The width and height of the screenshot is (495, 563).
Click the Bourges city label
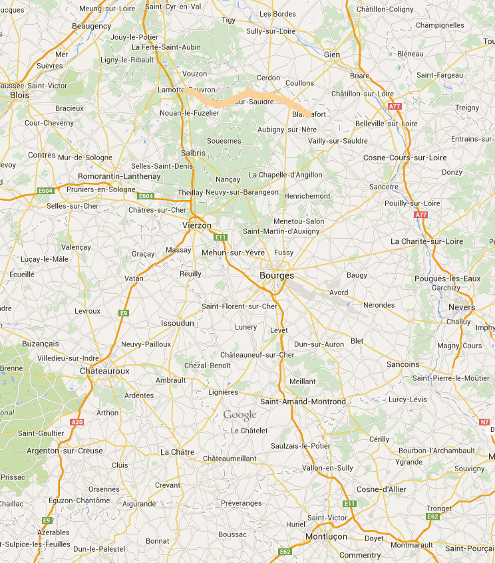pos(276,275)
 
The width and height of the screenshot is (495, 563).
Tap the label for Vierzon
pos(196,225)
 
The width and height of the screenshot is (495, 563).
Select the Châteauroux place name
pos(104,370)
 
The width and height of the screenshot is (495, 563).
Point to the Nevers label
pos(462,307)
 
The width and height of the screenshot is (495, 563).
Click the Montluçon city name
pos(327,536)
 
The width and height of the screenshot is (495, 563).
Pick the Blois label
pos(20,95)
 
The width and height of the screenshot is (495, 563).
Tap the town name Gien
pos(331,55)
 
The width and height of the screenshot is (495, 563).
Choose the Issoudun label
pos(178,323)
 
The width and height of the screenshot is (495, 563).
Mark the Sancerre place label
pos(383,187)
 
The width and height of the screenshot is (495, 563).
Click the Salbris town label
pos(193,153)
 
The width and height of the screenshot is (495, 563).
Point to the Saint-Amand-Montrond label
pos(303,401)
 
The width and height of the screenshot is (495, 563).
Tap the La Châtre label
pos(177,452)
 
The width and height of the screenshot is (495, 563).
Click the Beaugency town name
pos(91,26)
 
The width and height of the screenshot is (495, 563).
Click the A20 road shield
pos(77,421)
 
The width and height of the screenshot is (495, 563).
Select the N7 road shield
pos(484,421)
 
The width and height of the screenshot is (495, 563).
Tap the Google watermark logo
pos(240,415)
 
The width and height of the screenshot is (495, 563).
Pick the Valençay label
pos(75,247)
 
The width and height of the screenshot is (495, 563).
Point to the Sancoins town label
pos(403,364)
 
